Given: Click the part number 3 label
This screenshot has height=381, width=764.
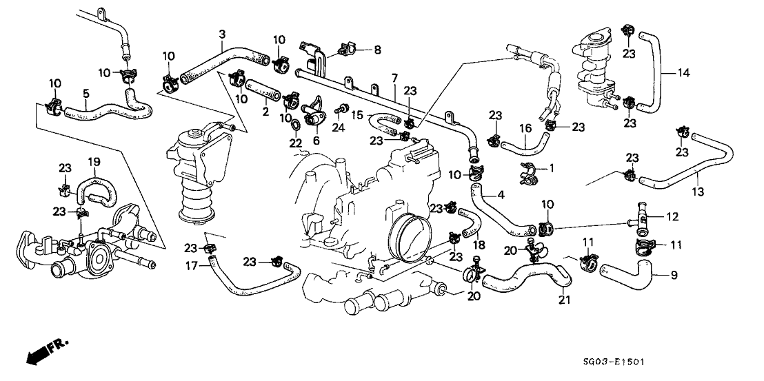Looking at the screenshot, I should click(222, 34).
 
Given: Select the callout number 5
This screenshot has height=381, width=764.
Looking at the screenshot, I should click(86, 93).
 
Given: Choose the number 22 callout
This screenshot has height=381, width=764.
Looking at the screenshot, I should click(296, 143).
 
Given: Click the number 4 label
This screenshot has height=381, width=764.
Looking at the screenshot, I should click(501, 196).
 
